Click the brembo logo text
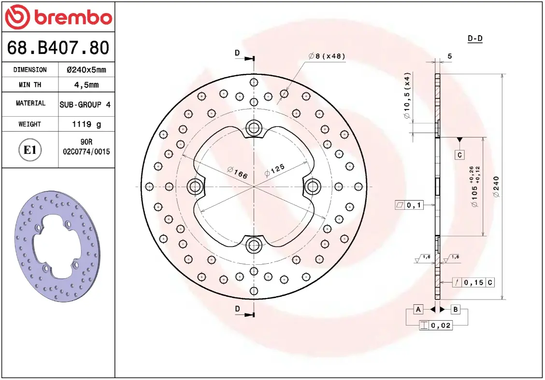pyautogui.click(x=73, y=17)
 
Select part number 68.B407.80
pyautogui.click(x=58, y=48)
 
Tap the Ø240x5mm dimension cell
pyautogui.click(x=86, y=70)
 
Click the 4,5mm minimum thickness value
pyautogui.click(x=86, y=85)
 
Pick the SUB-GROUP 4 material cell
pyautogui.click(x=85, y=105)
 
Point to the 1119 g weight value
pyautogui.click(x=86, y=124)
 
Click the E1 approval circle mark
pyautogui.click(x=30, y=150)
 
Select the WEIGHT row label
pyautogui.click(x=30, y=124)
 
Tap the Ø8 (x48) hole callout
pyautogui.click(x=327, y=56)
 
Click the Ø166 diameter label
pyautogui.click(x=237, y=173)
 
